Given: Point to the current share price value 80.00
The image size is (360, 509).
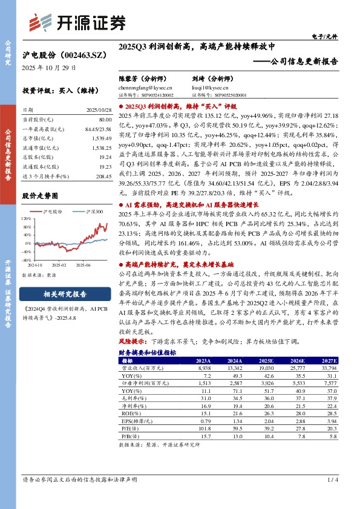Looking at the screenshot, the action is coord(97,120).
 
